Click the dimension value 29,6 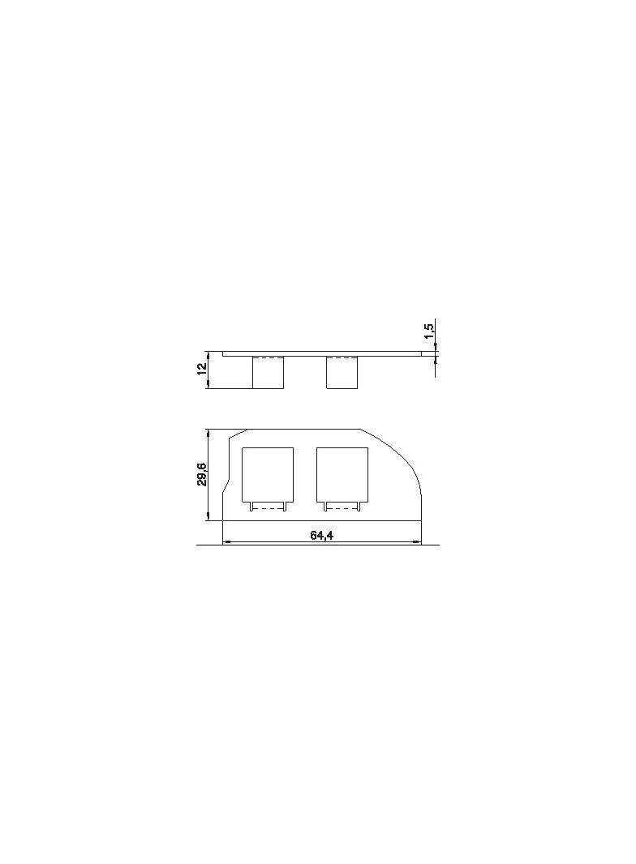point(202,474)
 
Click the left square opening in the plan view point(268,474)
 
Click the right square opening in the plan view point(342,474)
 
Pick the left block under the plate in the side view point(268,373)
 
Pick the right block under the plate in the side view point(342,373)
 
